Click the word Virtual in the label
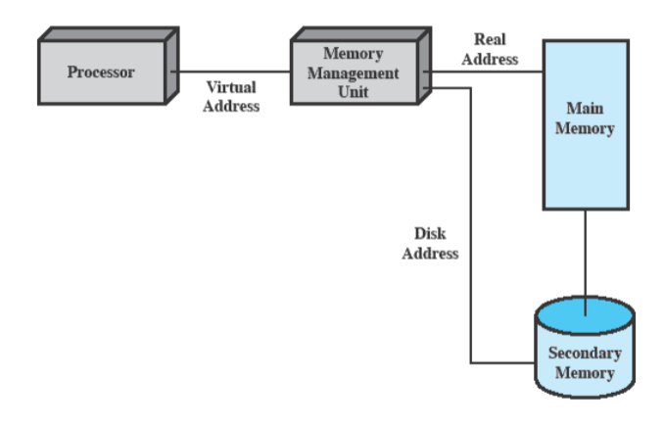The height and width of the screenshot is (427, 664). coord(231,88)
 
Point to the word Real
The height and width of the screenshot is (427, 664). coord(490,40)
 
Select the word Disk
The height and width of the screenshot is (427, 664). coord(431,234)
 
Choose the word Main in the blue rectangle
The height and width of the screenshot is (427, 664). coord(585,109)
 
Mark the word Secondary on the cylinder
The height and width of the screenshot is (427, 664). coord(585,354)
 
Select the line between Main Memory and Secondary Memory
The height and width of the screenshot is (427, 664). coord(586,260)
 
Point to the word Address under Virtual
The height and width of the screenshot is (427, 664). coord(231,106)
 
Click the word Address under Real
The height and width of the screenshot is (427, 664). coord(490,59)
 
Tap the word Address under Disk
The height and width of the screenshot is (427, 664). coord(431,253)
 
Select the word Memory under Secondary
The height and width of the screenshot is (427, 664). coord(585,373)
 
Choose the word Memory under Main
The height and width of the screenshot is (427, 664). coord(585,128)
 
